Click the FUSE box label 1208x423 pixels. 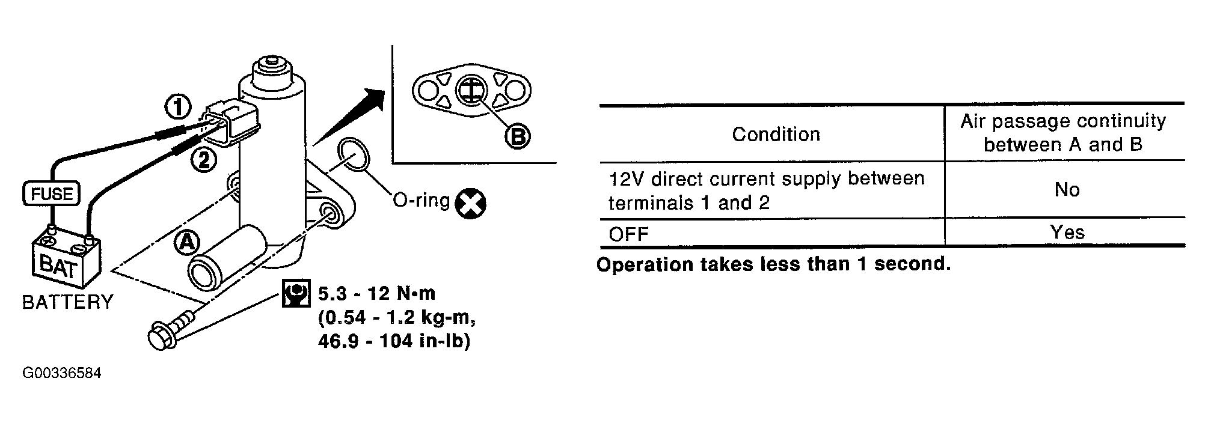coord(51,194)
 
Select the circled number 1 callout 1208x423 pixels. coord(177,108)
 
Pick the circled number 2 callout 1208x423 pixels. coord(204,160)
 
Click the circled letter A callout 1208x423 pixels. coord(186,242)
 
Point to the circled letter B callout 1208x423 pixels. coord(517,137)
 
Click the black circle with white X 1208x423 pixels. coord(470,203)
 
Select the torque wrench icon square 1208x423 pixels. coord(296,294)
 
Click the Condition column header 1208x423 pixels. coord(776,134)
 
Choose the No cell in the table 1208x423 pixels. coord(1067,190)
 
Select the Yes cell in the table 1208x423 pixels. coord(1067,233)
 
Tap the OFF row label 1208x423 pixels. coord(628,234)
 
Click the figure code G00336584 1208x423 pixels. coord(62,373)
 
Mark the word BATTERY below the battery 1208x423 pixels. coord(67,302)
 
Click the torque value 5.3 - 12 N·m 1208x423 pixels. coord(376,294)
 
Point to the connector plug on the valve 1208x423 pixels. coord(231,123)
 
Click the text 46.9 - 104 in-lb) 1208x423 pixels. coord(394,341)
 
